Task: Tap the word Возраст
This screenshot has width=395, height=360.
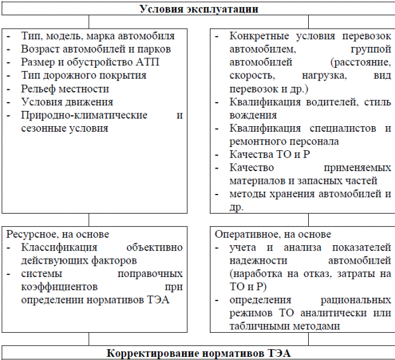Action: [x=39, y=49]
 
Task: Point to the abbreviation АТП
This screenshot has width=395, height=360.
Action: [x=145, y=62]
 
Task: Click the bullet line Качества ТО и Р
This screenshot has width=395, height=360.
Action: [x=264, y=155]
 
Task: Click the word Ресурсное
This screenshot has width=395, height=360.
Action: [x=29, y=234]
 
